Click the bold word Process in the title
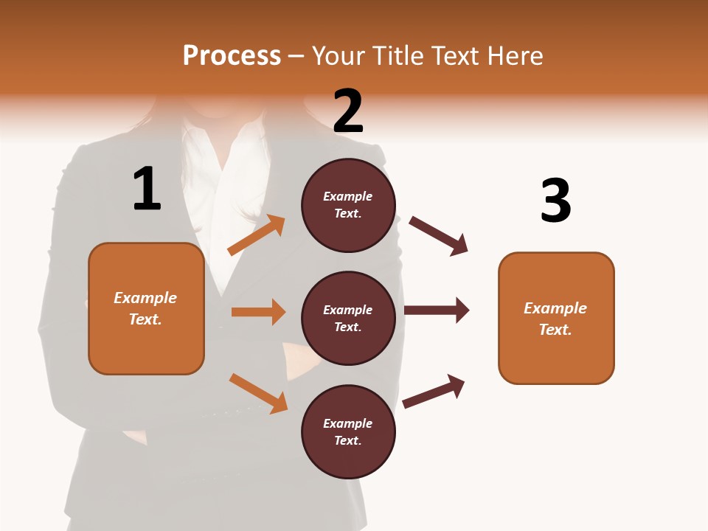coord(232,56)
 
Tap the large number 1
coord(147,189)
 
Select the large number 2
coord(348,111)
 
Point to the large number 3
coord(555,201)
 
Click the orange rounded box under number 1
coord(146,308)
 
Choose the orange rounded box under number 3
coord(556,319)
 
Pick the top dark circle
coord(348,205)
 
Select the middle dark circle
coord(348,319)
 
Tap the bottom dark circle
coord(348,432)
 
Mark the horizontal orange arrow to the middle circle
coord(258,312)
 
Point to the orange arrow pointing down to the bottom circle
coord(258,393)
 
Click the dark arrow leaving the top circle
coord(439,236)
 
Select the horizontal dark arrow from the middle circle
coord(437,310)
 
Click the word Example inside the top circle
coord(348,197)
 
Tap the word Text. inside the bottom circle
coord(348,440)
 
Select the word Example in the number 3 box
coord(555,308)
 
